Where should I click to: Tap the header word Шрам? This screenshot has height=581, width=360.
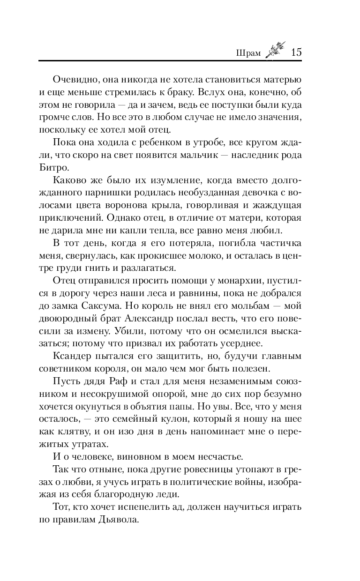tap(247, 52)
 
